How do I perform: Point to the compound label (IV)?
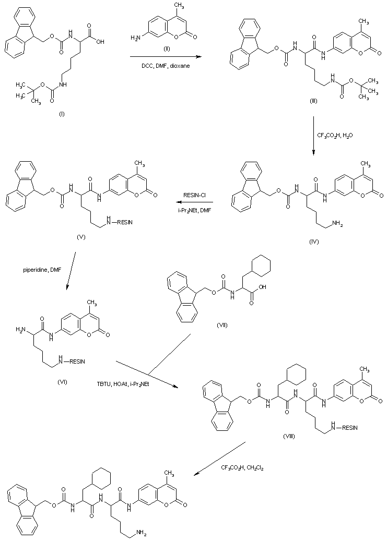click(314, 242)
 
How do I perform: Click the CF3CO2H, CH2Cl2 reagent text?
click(242, 468)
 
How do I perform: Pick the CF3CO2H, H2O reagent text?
click(335, 135)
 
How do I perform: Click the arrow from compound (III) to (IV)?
click(313, 136)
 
